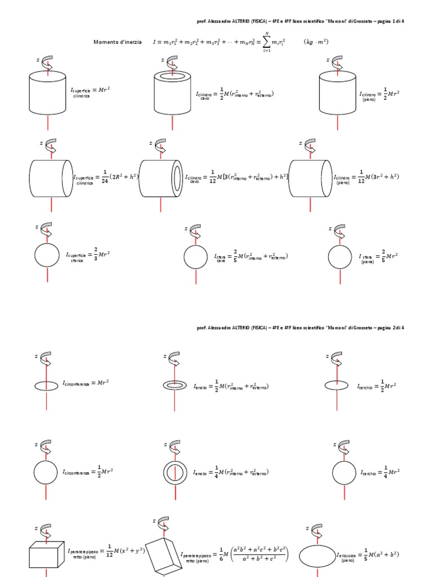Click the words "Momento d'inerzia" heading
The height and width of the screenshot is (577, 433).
[117, 42]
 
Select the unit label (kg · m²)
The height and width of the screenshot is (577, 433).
[317, 42]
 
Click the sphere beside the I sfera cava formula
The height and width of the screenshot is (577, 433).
[196, 257]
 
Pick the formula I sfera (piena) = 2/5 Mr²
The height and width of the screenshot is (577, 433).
[378, 256]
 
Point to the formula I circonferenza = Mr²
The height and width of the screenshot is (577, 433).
[86, 383]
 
